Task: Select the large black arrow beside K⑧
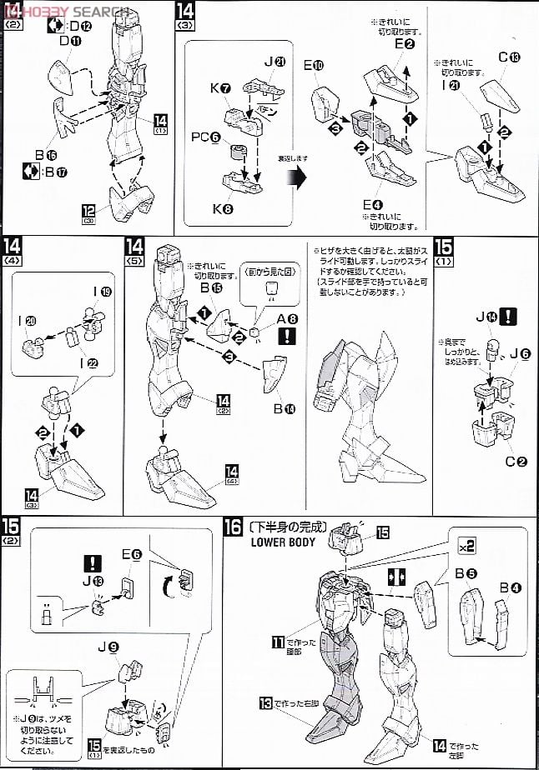tap(295, 177)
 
